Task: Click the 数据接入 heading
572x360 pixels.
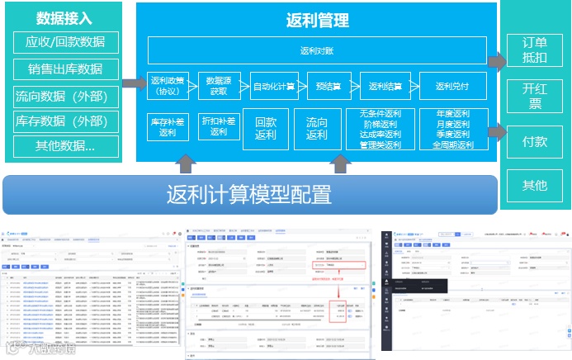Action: coord(65,17)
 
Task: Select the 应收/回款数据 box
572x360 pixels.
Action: coord(65,42)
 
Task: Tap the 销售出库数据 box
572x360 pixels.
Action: coord(65,69)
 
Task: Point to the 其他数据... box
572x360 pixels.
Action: coord(65,146)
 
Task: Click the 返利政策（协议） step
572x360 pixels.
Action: coord(169,86)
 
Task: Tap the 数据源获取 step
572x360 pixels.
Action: coord(219,86)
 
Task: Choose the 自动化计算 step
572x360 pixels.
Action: coord(273,86)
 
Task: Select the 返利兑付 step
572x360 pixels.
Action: coord(452,86)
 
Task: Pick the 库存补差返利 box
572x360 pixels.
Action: coord(168,126)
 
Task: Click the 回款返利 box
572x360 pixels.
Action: coord(266,128)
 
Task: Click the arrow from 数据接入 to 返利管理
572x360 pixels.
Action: coord(131,83)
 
